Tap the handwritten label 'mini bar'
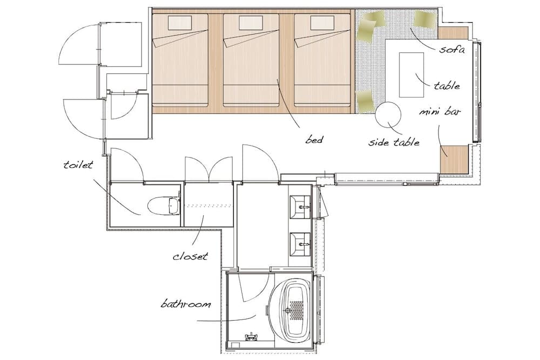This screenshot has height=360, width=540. click(440, 113)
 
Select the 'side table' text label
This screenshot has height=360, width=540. click(394, 142)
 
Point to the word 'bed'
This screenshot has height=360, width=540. click(314, 140)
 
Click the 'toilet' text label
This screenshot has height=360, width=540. click(79, 164)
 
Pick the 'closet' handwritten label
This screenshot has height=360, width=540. click(190, 256)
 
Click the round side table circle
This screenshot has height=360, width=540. click(389, 115)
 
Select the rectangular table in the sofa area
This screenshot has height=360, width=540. click(412, 74)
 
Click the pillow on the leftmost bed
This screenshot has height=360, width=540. click(180, 23)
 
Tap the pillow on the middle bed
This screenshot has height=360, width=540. click(251, 23)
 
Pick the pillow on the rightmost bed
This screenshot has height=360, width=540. click(322, 23)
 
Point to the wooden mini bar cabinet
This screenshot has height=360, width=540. click(453, 159)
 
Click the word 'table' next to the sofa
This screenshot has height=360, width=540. click(447, 86)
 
